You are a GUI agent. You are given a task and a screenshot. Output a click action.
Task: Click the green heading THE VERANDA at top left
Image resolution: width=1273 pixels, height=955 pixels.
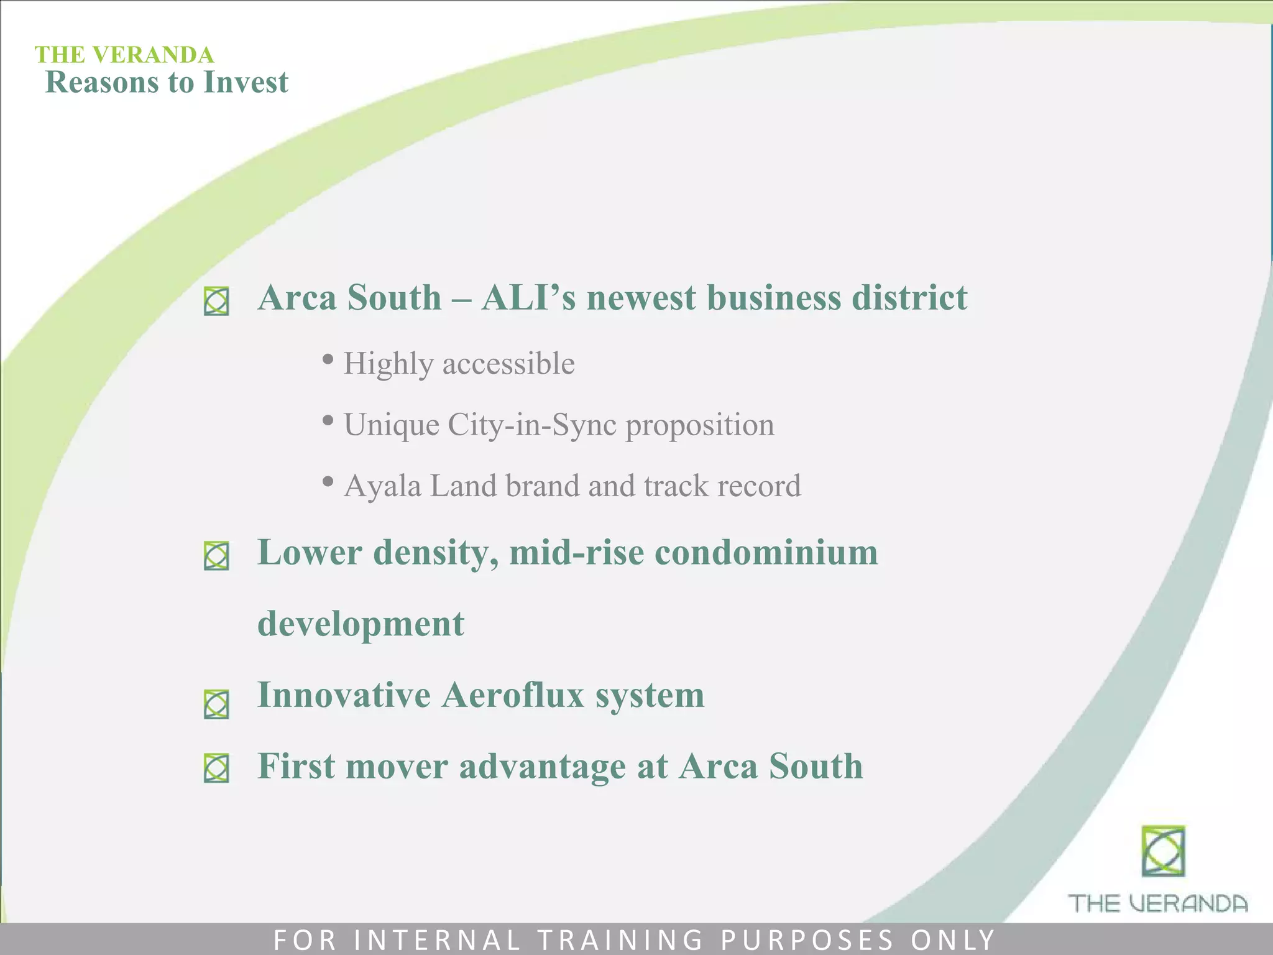pyautogui.click(x=124, y=55)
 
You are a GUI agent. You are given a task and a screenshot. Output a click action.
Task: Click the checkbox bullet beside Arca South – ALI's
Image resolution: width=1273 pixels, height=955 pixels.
pyautogui.click(x=216, y=302)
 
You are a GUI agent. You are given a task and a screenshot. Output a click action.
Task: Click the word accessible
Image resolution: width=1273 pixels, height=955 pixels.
pyautogui.click(x=508, y=364)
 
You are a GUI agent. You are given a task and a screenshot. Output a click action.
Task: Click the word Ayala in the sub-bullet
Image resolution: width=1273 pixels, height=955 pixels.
pyautogui.click(x=382, y=486)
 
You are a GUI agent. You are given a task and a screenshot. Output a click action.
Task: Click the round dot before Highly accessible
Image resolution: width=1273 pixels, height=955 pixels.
pyautogui.click(x=328, y=359)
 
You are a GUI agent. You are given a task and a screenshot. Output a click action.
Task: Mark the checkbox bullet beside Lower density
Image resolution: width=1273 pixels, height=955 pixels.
pyautogui.click(x=216, y=556)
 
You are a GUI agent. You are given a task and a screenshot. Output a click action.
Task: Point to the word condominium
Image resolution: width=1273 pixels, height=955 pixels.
pyautogui.click(x=766, y=552)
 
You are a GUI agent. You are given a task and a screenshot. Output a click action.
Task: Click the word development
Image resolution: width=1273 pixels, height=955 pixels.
pyautogui.click(x=361, y=624)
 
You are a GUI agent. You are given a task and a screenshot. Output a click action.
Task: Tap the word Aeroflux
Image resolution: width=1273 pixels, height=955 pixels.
pyautogui.click(x=513, y=694)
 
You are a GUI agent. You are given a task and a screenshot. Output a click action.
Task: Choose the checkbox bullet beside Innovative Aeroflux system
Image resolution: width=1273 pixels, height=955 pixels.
pyautogui.click(x=216, y=705)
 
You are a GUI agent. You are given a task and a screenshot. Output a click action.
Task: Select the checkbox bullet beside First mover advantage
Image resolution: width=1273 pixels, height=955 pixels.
pyautogui.click(x=216, y=768)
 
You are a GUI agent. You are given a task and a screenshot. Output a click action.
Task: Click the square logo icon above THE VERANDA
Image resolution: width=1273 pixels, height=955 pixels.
pyautogui.click(x=1163, y=851)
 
